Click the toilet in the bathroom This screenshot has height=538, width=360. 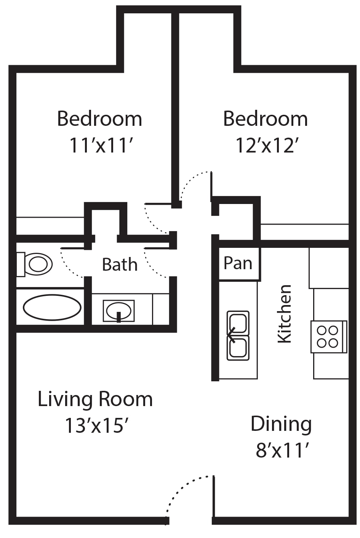point(34,265)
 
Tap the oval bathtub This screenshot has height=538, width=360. point(52,307)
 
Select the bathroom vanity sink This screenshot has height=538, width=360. point(118,311)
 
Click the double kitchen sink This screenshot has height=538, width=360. point(238,336)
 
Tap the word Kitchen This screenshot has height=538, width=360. point(285,314)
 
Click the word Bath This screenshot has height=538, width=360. point(120,265)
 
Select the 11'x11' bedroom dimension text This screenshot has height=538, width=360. point(101,146)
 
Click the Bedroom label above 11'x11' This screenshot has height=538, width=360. point(99,119)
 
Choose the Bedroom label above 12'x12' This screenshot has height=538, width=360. point(266,119)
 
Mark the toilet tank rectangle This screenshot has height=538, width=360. point(21,265)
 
